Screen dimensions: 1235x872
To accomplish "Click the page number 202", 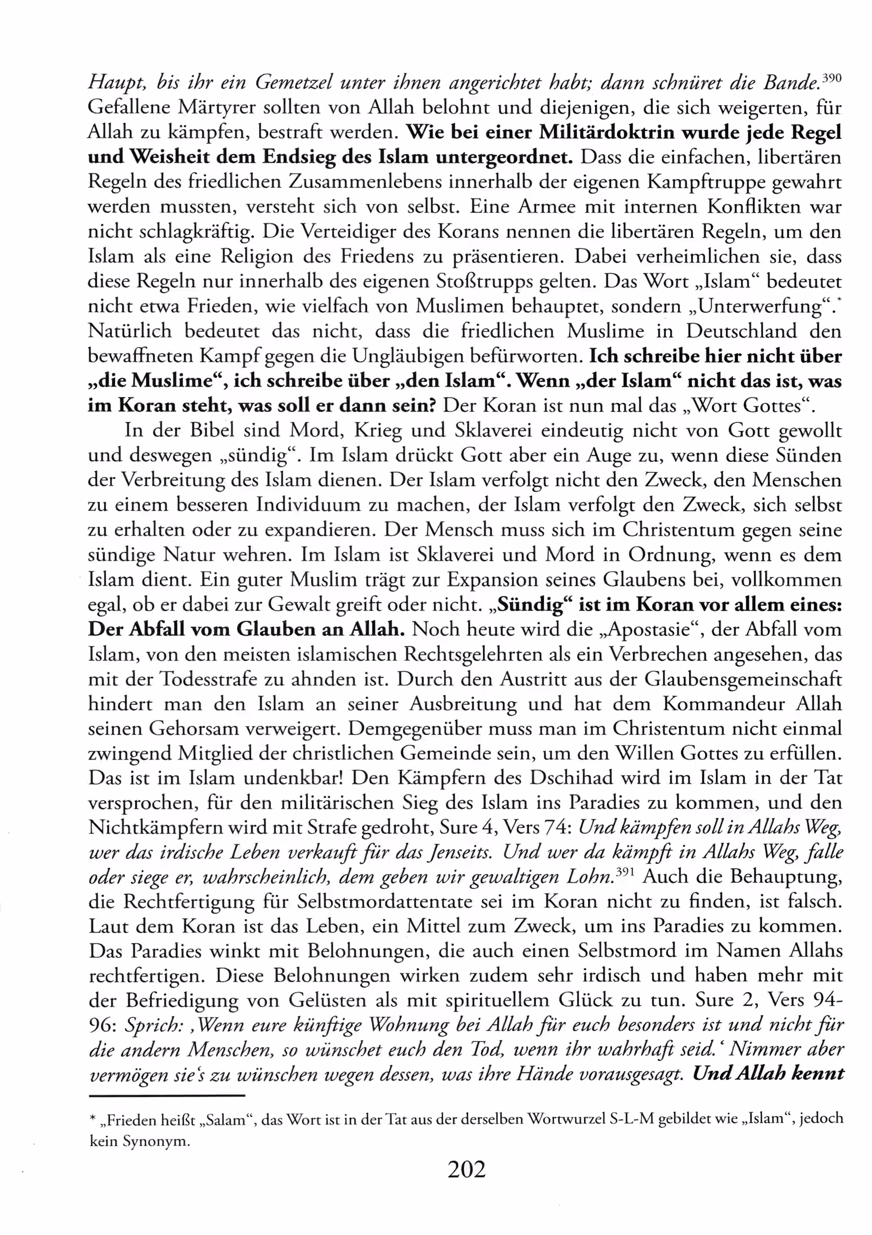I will click(466, 1184).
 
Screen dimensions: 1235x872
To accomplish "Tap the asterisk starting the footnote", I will click(93, 1120).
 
